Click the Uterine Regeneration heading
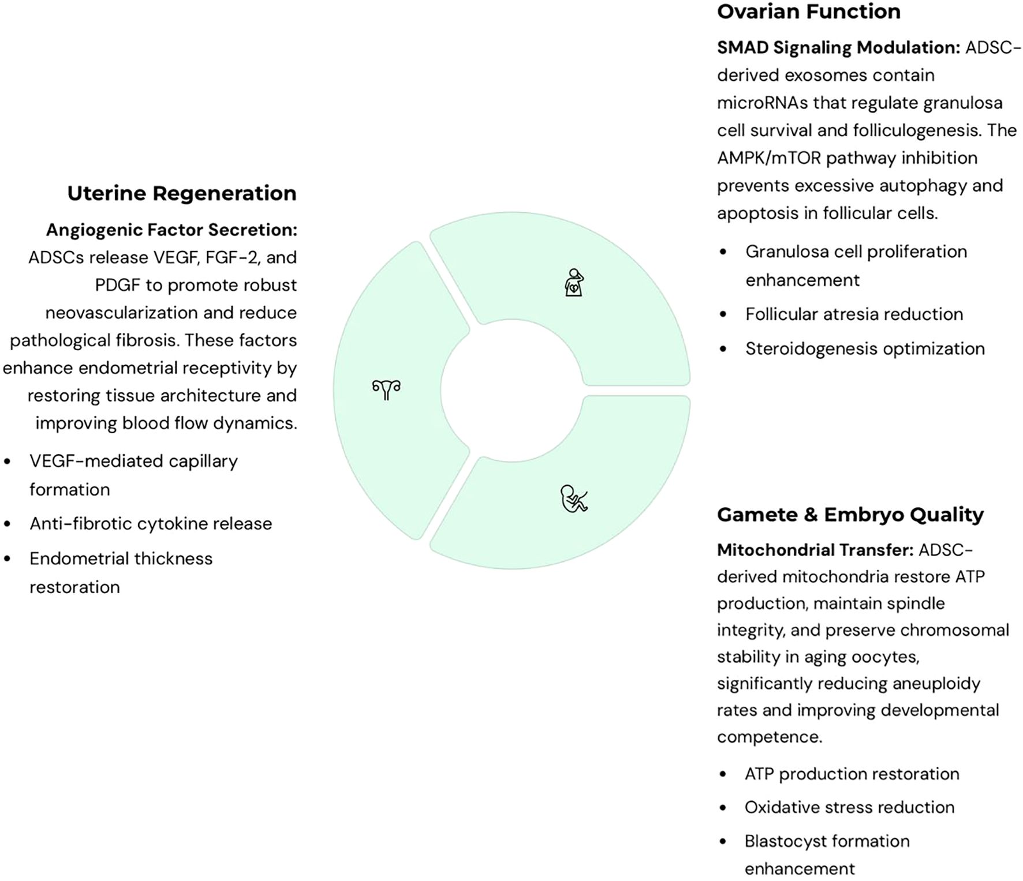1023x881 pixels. pyautogui.click(x=182, y=193)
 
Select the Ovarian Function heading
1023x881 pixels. pyautogui.click(x=808, y=12)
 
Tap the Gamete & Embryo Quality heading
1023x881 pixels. pyautogui.click(x=850, y=515)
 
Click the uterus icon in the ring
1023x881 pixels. pyautogui.click(x=386, y=389)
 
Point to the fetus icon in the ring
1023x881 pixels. pyautogui.click(x=574, y=499)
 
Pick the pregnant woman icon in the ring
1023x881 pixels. pyautogui.click(x=574, y=283)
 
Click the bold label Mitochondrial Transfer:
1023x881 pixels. pyautogui.click(x=815, y=550)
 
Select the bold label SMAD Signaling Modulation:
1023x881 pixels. pyautogui.click(x=838, y=47)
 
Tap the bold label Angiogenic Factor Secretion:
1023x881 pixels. pyautogui.click(x=171, y=230)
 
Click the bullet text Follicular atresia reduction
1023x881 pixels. pyautogui.click(x=854, y=314)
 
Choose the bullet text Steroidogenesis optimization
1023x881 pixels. pyautogui.click(x=865, y=348)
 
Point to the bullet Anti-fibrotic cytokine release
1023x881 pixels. pyautogui.click(x=151, y=523)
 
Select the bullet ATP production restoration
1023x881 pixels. pyautogui.click(x=852, y=774)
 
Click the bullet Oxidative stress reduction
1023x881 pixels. pyautogui.click(x=849, y=807)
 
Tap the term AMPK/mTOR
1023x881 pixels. pyautogui.click(x=769, y=158)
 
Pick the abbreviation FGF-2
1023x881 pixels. pyautogui.click(x=232, y=257)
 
